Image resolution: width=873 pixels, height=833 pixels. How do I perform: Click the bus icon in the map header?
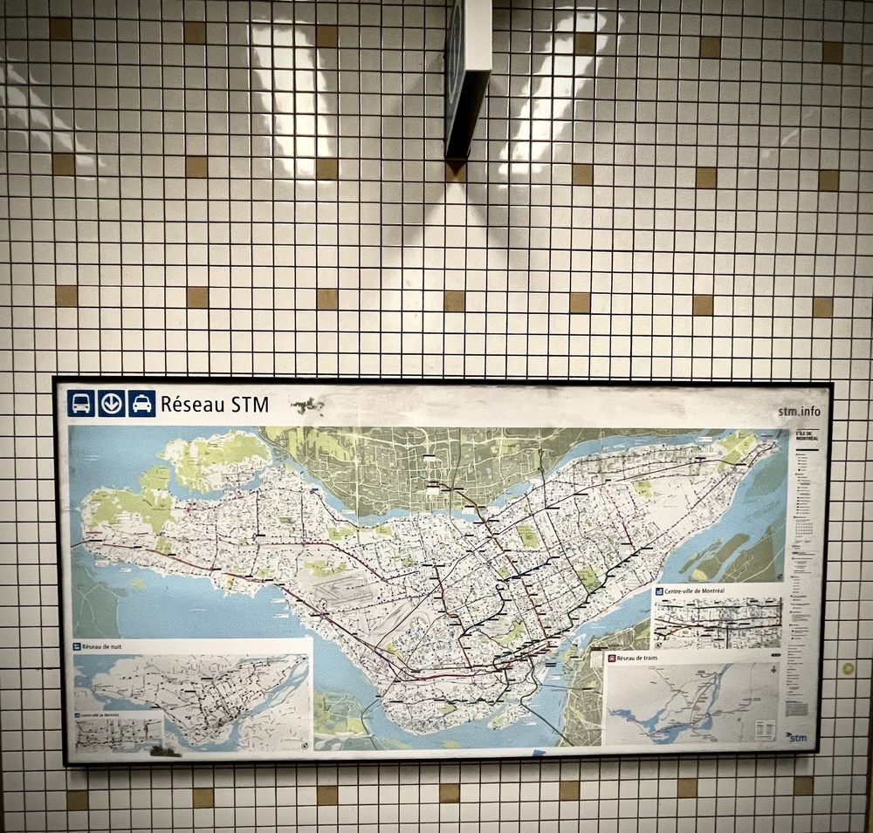click(x=81, y=403)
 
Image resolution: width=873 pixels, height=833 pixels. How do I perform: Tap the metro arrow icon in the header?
click(x=111, y=403)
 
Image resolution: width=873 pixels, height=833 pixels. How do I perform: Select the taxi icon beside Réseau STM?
click(x=141, y=403)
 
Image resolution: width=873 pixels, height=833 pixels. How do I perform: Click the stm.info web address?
click(x=798, y=412)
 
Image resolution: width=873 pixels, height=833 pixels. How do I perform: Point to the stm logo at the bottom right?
click(x=796, y=737)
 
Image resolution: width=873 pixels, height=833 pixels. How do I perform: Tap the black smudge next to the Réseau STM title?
click(x=306, y=405)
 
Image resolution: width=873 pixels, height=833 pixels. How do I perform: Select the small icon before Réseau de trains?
click(x=613, y=658)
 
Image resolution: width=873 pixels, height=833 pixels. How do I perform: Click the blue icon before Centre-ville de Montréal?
click(x=659, y=591)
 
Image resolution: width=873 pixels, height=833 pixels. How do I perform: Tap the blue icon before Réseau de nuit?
click(x=77, y=647)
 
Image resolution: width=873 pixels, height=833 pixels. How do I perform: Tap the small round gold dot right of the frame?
click(x=847, y=668)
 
